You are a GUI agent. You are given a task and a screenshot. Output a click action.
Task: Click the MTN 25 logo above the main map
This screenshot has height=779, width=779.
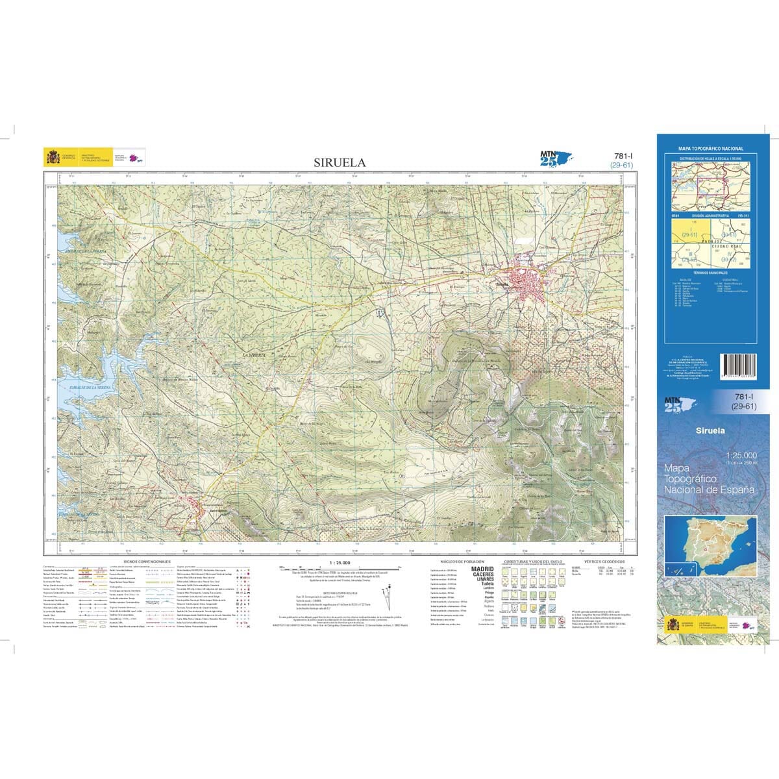coord(549,158)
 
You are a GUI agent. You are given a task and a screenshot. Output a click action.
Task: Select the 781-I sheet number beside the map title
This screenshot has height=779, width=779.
coord(622,156)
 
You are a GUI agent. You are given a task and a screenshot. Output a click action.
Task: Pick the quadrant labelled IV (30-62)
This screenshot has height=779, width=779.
coord(729,258)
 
